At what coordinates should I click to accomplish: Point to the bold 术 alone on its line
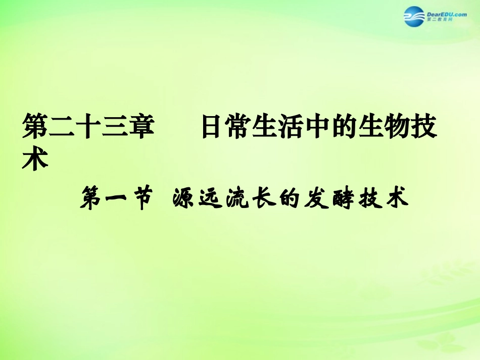click(x=35, y=160)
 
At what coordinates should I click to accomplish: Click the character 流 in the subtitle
click(x=235, y=198)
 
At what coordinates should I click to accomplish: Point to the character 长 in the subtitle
click(x=262, y=198)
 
